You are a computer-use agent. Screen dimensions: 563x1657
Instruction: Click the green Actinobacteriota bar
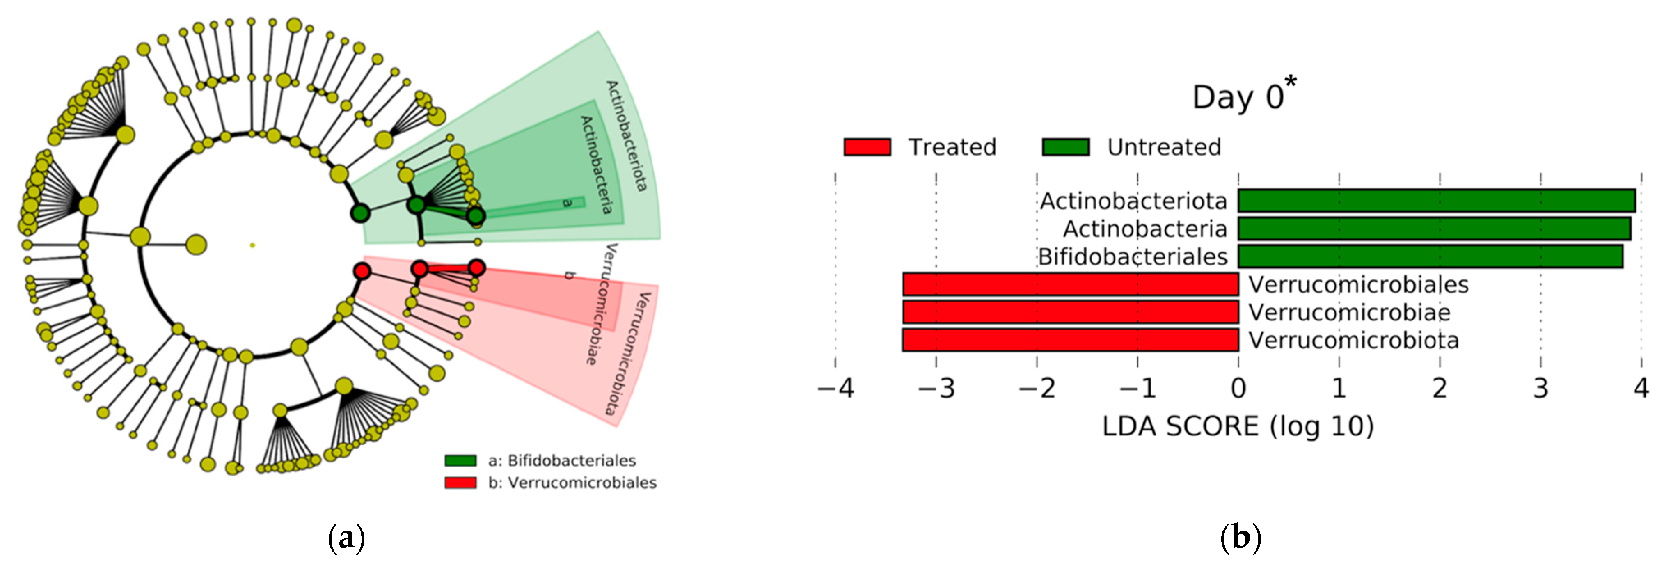pos(1436,201)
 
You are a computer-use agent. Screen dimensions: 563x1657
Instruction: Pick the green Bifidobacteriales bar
pos(1430,256)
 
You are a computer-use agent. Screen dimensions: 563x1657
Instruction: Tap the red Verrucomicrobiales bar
pos(1070,284)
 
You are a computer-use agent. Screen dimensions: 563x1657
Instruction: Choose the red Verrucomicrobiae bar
pos(1070,312)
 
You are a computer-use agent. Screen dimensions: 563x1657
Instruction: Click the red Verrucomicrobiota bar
pos(1070,340)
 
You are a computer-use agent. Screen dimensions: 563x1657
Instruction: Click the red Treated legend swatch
pos(867,147)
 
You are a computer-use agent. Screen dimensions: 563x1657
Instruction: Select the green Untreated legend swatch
pos(1065,147)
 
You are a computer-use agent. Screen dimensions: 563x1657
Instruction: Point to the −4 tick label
pos(835,388)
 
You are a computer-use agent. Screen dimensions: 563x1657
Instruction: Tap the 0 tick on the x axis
pos(1238,388)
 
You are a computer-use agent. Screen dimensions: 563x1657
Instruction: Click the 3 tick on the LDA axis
pos(1540,388)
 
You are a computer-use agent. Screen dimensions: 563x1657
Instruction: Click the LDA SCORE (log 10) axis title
pos(1238,426)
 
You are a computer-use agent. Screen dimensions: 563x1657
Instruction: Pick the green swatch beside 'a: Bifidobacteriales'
pos(460,461)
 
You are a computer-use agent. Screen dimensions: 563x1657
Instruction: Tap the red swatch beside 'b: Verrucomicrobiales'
pos(460,483)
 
